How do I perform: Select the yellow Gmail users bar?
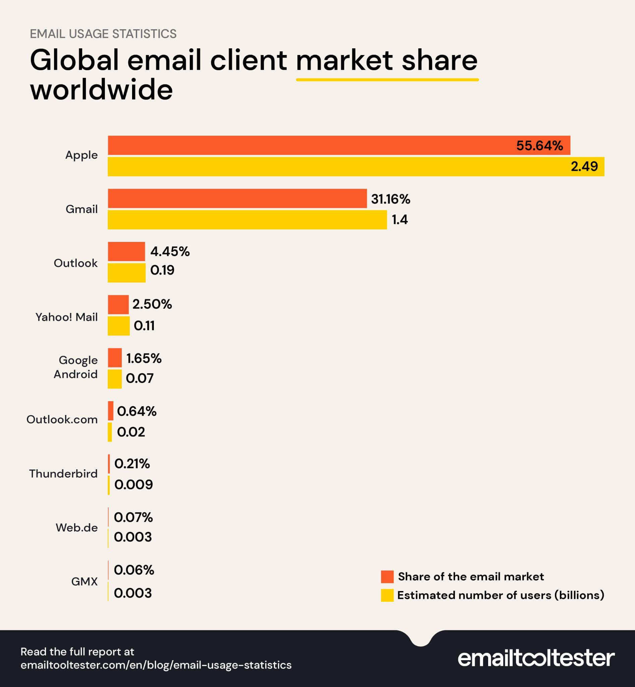click(x=247, y=220)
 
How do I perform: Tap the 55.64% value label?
click(x=539, y=146)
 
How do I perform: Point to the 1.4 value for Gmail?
click(x=400, y=220)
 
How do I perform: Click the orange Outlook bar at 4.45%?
click(x=126, y=251)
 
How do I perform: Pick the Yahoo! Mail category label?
click(x=67, y=317)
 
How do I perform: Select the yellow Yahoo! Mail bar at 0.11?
click(x=119, y=326)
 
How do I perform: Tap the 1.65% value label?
click(x=144, y=358)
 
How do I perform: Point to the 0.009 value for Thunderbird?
click(x=134, y=484)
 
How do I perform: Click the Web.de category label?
click(x=77, y=527)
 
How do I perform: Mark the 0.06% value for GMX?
click(x=134, y=570)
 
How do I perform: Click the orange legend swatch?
click(x=387, y=577)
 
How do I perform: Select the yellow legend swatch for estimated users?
click(x=387, y=595)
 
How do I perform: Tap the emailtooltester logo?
click(x=536, y=658)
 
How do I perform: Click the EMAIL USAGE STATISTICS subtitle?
click(x=103, y=34)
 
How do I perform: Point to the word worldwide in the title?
click(x=101, y=90)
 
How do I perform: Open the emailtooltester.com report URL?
click(x=156, y=665)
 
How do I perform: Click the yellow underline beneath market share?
click(x=387, y=80)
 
